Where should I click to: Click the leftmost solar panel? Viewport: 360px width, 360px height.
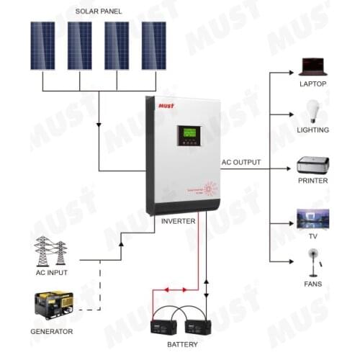tap(42, 45)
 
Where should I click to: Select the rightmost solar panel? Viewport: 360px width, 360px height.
tap(153, 45)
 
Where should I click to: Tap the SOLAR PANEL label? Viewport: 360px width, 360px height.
tap(99, 12)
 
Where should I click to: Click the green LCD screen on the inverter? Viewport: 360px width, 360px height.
tap(189, 133)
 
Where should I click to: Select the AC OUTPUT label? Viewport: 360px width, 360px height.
tap(241, 163)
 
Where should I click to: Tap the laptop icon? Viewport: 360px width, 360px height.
tap(313, 66)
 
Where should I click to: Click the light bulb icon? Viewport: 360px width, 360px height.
tap(313, 110)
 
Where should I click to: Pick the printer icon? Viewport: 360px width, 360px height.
tap(313, 164)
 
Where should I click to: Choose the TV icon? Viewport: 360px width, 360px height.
tap(313, 217)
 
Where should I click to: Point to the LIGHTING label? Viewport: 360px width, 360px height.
tap(313, 130)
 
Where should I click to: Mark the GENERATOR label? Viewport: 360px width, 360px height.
tap(51, 332)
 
